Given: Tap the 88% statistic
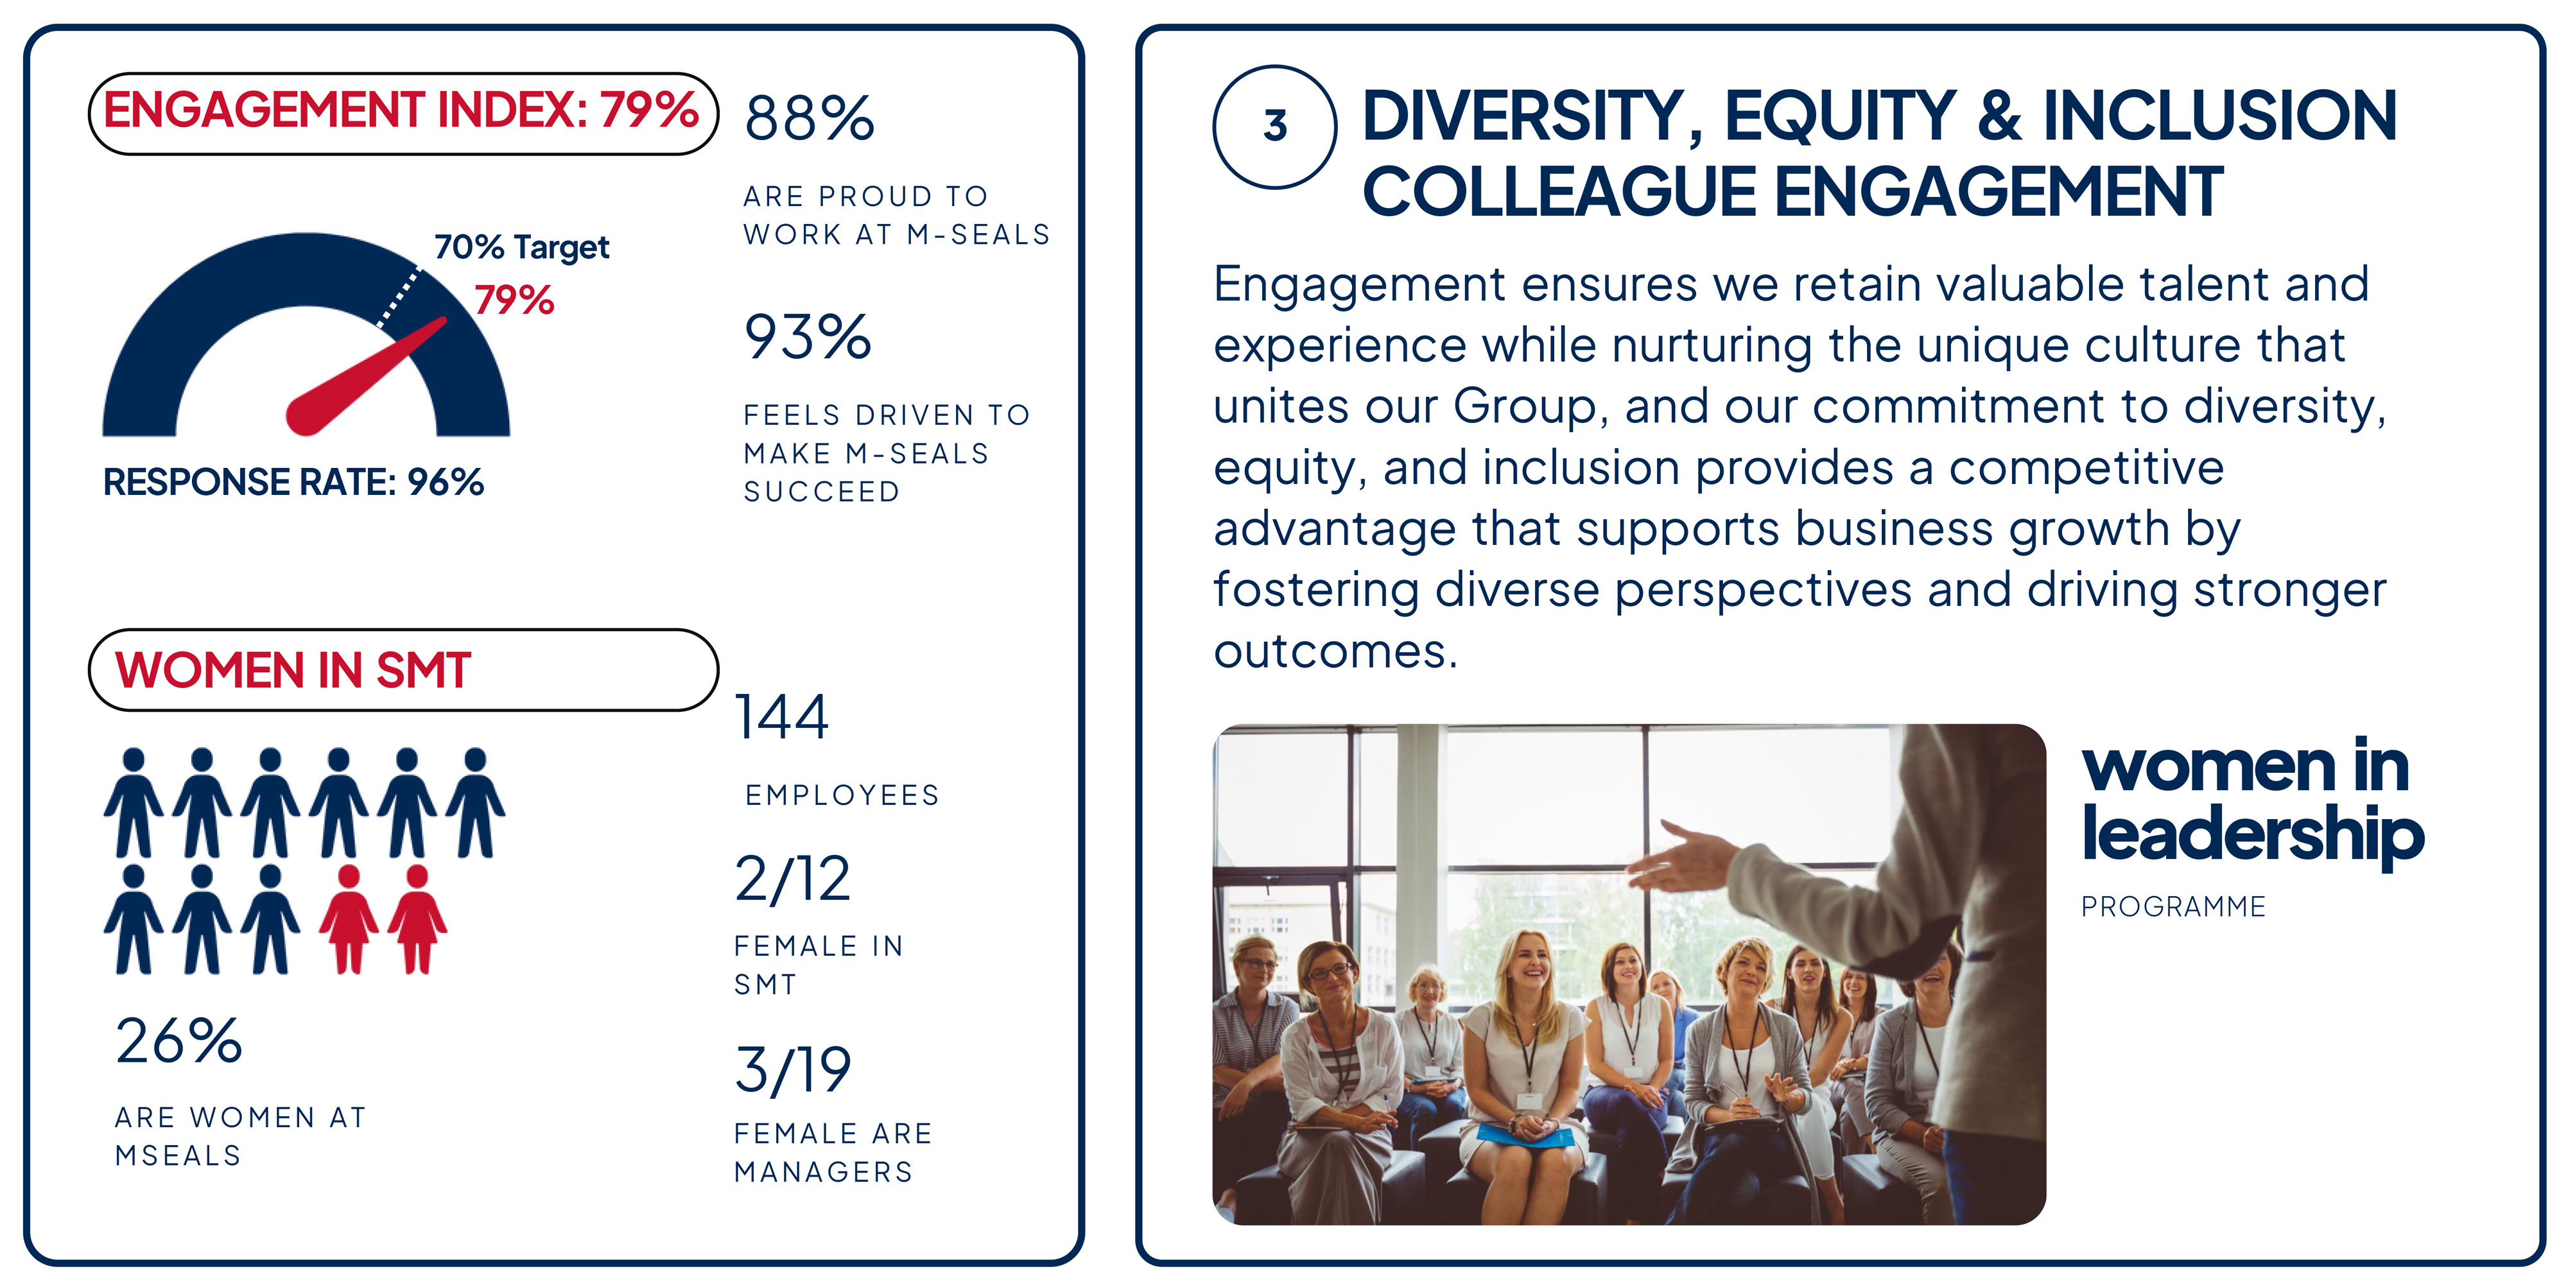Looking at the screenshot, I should tap(810, 119).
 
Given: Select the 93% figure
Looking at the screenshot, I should tap(808, 337).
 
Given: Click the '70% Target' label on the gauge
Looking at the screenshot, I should tap(521, 246).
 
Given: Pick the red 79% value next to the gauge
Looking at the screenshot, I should tap(514, 300).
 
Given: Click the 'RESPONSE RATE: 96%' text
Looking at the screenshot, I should tap(293, 483).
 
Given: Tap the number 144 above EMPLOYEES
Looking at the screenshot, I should tap(781, 717).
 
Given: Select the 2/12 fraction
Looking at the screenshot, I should tap(792, 879).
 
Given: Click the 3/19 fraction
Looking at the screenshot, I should tap(792, 1069).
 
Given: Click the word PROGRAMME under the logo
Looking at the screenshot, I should tap(2173, 907).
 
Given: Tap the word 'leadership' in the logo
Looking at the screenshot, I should tap(2252, 835).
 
